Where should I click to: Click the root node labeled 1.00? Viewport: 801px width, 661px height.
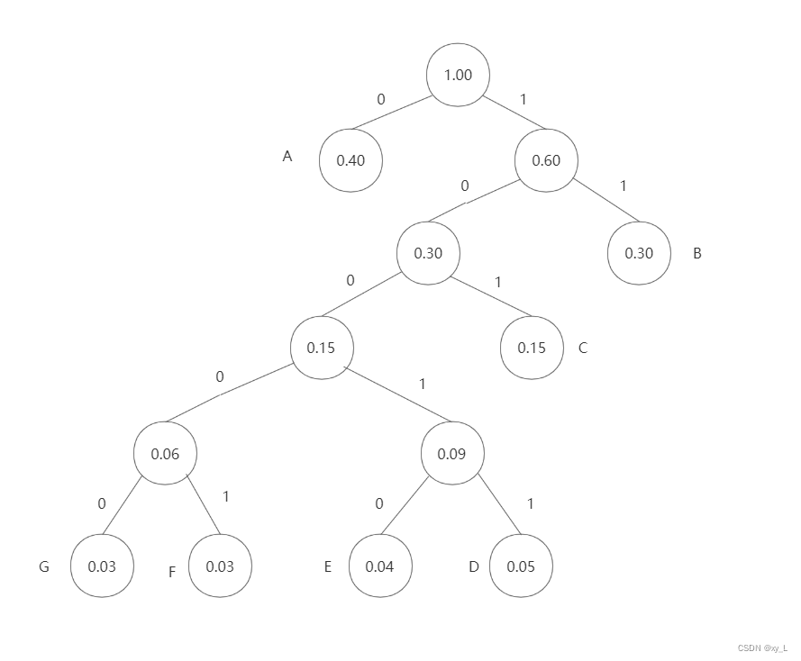pos(458,75)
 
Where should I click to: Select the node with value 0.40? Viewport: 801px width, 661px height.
pos(350,160)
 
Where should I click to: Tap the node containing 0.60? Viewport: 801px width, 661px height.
pos(546,160)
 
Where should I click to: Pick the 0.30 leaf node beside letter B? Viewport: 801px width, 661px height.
pos(639,253)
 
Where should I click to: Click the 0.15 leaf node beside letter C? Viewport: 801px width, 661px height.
pos(532,348)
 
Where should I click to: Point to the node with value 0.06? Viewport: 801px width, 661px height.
pos(165,454)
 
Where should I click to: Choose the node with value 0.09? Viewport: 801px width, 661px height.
pos(451,454)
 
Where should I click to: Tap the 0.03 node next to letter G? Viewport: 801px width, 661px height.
pos(102,566)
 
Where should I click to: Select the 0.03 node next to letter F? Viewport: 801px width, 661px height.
pos(220,566)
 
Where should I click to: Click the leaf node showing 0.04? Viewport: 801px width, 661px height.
pos(380,566)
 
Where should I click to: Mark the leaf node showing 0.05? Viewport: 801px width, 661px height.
pos(521,566)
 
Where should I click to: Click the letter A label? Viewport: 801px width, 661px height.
pos(287,157)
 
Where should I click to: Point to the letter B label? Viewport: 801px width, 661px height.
pos(696,254)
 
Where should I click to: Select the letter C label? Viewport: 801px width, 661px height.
pos(583,348)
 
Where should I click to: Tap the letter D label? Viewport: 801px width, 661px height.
pos(474,566)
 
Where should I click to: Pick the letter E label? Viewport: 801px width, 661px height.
pos(328,566)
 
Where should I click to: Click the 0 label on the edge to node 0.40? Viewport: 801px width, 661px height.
pos(380,100)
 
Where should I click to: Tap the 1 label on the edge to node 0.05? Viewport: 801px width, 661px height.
pos(530,503)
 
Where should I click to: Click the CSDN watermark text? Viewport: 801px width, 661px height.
pos(762,647)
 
